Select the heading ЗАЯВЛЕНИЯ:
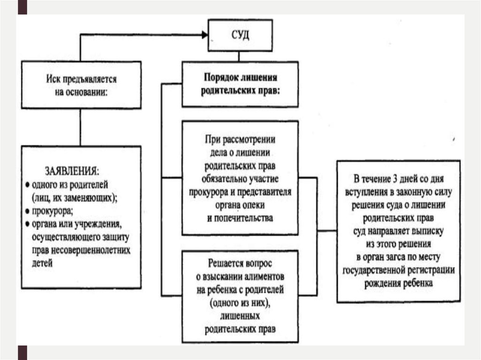(x=72, y=169)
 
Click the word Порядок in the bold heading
(x=220, y=77)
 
